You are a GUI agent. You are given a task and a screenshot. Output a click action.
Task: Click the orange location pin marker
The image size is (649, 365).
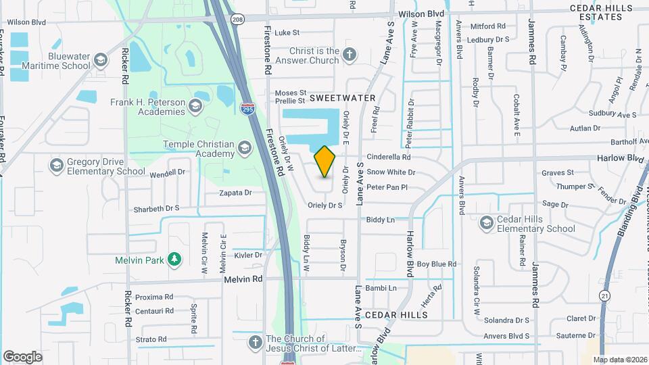pos(324,161)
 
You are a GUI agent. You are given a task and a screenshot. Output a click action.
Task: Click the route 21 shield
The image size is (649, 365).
pos(604,295)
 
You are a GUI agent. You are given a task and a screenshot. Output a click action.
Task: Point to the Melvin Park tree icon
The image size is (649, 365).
pos(175,258)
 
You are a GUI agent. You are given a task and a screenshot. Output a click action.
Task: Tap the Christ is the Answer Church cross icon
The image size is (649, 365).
pos(349,55)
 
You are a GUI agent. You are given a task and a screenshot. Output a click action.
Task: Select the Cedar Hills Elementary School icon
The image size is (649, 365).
pos(486,222)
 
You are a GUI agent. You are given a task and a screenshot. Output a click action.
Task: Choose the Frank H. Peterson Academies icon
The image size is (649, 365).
pos(195,106)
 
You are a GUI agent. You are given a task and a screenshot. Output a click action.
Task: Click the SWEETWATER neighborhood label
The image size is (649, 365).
pos(342,98)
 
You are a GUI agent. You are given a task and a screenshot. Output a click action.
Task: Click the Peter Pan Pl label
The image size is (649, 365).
pos(387,187)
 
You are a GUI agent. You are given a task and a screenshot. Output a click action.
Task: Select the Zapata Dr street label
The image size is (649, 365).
pos(235,193)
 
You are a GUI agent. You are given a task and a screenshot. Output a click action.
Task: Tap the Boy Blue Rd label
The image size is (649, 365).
pos(437,264)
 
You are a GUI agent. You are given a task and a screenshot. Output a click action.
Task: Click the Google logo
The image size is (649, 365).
pos(23,356)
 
